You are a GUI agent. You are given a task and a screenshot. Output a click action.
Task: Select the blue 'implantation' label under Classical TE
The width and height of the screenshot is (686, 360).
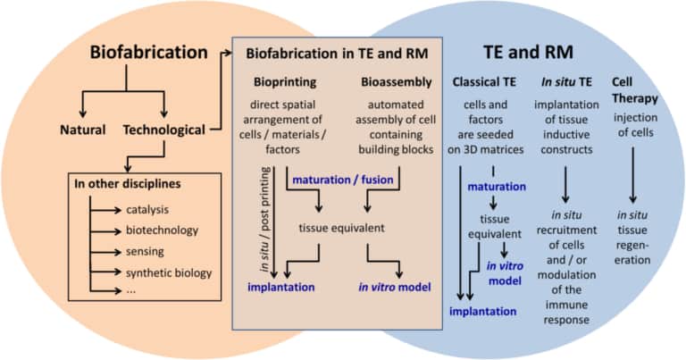pyautogui.click(x=483, y=312)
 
